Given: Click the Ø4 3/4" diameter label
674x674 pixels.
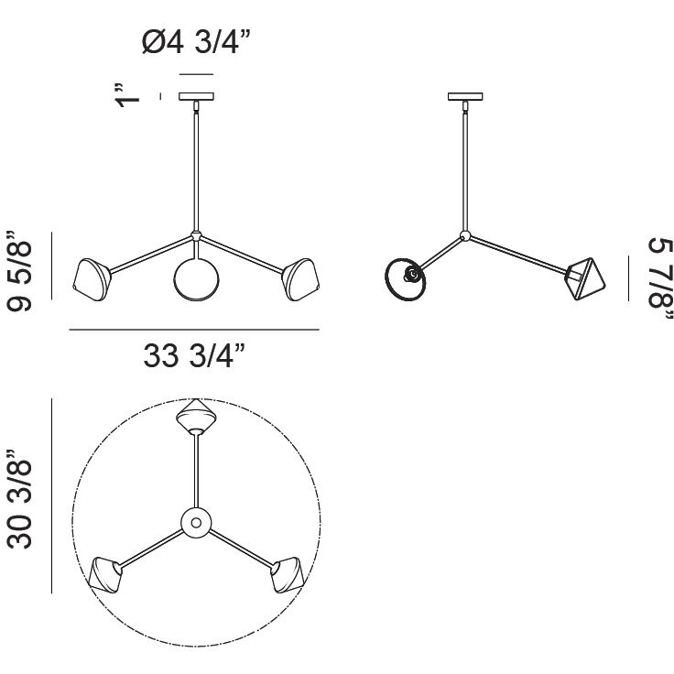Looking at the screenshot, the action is [196, 42].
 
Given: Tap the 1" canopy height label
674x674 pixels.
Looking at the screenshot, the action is [127, 95].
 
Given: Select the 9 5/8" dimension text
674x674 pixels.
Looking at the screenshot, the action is [19, 270].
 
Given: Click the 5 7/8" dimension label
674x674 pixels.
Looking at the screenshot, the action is [660, 278].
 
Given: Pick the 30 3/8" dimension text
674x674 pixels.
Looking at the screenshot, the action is [19, 499].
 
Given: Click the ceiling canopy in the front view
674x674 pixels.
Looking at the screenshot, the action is [197, 96].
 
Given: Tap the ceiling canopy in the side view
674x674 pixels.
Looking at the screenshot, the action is [465, 96].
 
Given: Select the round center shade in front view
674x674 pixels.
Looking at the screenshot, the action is [197, 278].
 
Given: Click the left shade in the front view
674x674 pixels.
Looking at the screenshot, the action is [92, 279].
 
